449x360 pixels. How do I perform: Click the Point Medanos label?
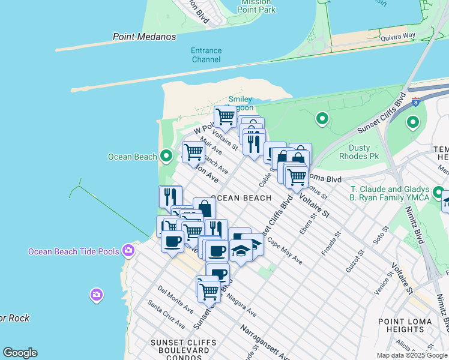point(145,37)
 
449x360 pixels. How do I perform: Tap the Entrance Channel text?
point(206,55)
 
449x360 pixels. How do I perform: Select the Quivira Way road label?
point(397,37)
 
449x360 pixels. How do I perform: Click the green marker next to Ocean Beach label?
point(167,157)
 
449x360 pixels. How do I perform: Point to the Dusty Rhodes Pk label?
point(367,152)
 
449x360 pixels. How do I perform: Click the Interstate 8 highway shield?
point(415,101)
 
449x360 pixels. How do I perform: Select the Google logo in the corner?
point(20,353)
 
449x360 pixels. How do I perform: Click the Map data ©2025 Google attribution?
point(412,355)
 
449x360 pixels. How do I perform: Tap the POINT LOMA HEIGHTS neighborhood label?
point(405,325)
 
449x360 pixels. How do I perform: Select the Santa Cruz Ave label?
point(166,316)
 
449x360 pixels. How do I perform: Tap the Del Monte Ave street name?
point(175,299)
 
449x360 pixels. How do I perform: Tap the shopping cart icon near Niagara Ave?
point(208,291)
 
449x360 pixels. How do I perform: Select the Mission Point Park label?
point(256,6)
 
